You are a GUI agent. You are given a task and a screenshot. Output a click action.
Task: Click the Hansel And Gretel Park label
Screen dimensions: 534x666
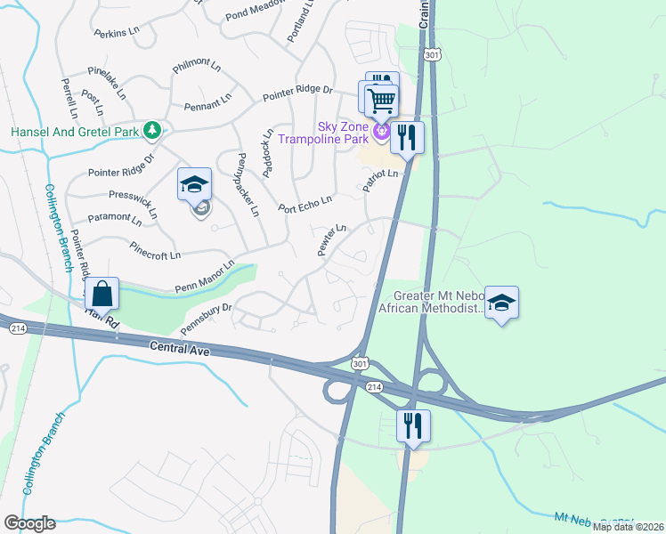75,132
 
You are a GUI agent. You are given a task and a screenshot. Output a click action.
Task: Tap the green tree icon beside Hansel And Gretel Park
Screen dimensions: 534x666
153,131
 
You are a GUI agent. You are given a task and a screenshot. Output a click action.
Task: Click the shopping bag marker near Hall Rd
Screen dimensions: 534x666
103,293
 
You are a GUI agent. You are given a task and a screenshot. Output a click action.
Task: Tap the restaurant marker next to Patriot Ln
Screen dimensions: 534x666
407,138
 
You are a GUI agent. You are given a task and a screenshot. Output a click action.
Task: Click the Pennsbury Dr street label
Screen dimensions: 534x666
207,320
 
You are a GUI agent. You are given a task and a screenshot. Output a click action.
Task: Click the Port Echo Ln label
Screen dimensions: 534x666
305,204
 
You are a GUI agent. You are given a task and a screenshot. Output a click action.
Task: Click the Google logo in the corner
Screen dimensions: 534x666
29,523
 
